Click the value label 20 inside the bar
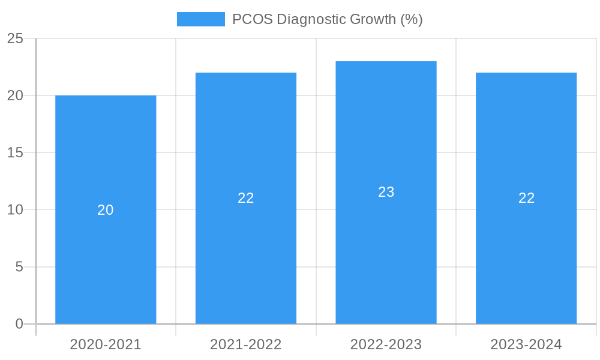(x=106, y=210)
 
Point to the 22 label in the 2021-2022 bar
(x=246, y=198)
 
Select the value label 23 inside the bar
(x=386, y=192)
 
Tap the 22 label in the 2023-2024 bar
(x=526, y=198)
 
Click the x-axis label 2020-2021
(x=106, y=344)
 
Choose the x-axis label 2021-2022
(x=246, y=344)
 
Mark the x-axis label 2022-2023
(x=386, y=344)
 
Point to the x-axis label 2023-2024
(x=526, y=344)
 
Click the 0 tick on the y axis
(x=19, y=324)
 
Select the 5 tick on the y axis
(x=19, y=266)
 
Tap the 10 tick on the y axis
(x=15, y=209)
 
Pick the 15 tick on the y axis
(x=15, y=152)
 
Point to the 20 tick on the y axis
(x=15, y=95)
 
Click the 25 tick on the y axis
(x=15, y=38)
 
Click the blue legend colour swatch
(x=200, y=19)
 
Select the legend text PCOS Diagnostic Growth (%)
(x=327, y=19)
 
